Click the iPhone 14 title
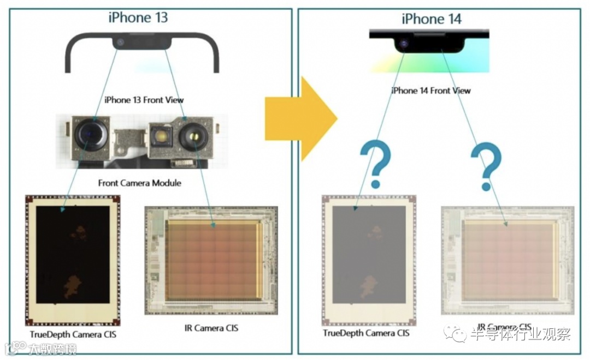(432, 19)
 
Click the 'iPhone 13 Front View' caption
(144, 100)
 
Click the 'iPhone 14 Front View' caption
(431, 91)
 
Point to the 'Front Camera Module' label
(140, 183)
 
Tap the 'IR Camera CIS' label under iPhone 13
(211, 328)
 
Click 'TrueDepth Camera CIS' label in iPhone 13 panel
(73, 334)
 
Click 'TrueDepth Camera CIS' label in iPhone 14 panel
(366, 333)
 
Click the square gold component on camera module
(162, 136)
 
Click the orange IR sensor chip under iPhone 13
(212, 260)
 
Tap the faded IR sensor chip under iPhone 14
(508, 260)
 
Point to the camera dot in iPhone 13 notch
(120, 42)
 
